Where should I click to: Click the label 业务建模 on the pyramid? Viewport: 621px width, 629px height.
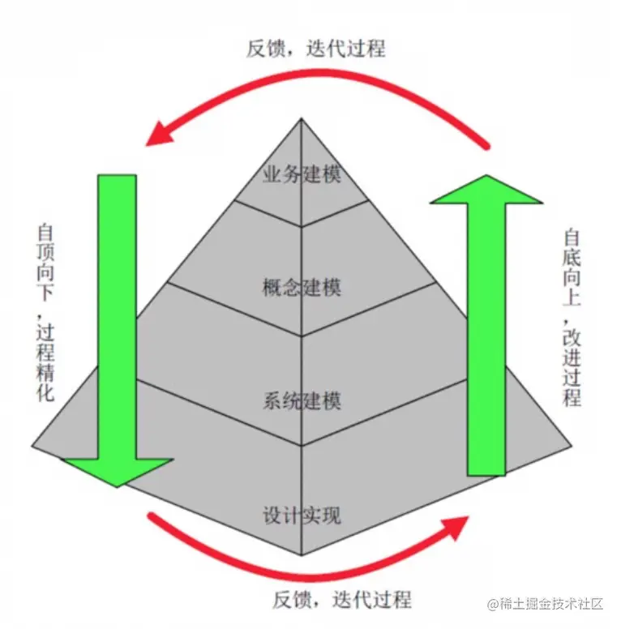[302, 174]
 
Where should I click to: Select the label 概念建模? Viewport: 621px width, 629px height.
[302, 287]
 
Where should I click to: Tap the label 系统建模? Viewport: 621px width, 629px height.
[302, 400]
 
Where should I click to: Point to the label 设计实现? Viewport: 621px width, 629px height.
[302, 515]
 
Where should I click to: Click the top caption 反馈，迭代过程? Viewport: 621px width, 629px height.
[315, 49]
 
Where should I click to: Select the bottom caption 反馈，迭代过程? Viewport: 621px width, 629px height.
[342, 600]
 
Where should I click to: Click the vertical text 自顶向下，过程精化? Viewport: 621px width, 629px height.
[45, 313]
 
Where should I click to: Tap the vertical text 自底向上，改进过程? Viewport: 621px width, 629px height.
[572, 318]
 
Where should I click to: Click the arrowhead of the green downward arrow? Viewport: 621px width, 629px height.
[118, 472]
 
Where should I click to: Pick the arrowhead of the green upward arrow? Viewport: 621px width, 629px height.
[486, 190]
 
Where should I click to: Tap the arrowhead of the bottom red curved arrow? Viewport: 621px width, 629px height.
[456, 527]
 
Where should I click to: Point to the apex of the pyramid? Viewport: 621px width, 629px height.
[302, 118]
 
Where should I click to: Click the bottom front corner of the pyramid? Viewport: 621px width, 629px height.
[302, 555]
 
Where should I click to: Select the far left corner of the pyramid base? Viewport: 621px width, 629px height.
[32, 446]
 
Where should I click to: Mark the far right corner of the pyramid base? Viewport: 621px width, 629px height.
[572, 446]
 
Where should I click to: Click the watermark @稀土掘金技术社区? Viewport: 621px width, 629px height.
[545, 603]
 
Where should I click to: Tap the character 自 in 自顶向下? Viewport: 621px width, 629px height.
[45, 233]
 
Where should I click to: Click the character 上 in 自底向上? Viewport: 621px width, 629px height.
[572, 297]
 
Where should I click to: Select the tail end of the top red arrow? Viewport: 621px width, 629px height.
[487, 147]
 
